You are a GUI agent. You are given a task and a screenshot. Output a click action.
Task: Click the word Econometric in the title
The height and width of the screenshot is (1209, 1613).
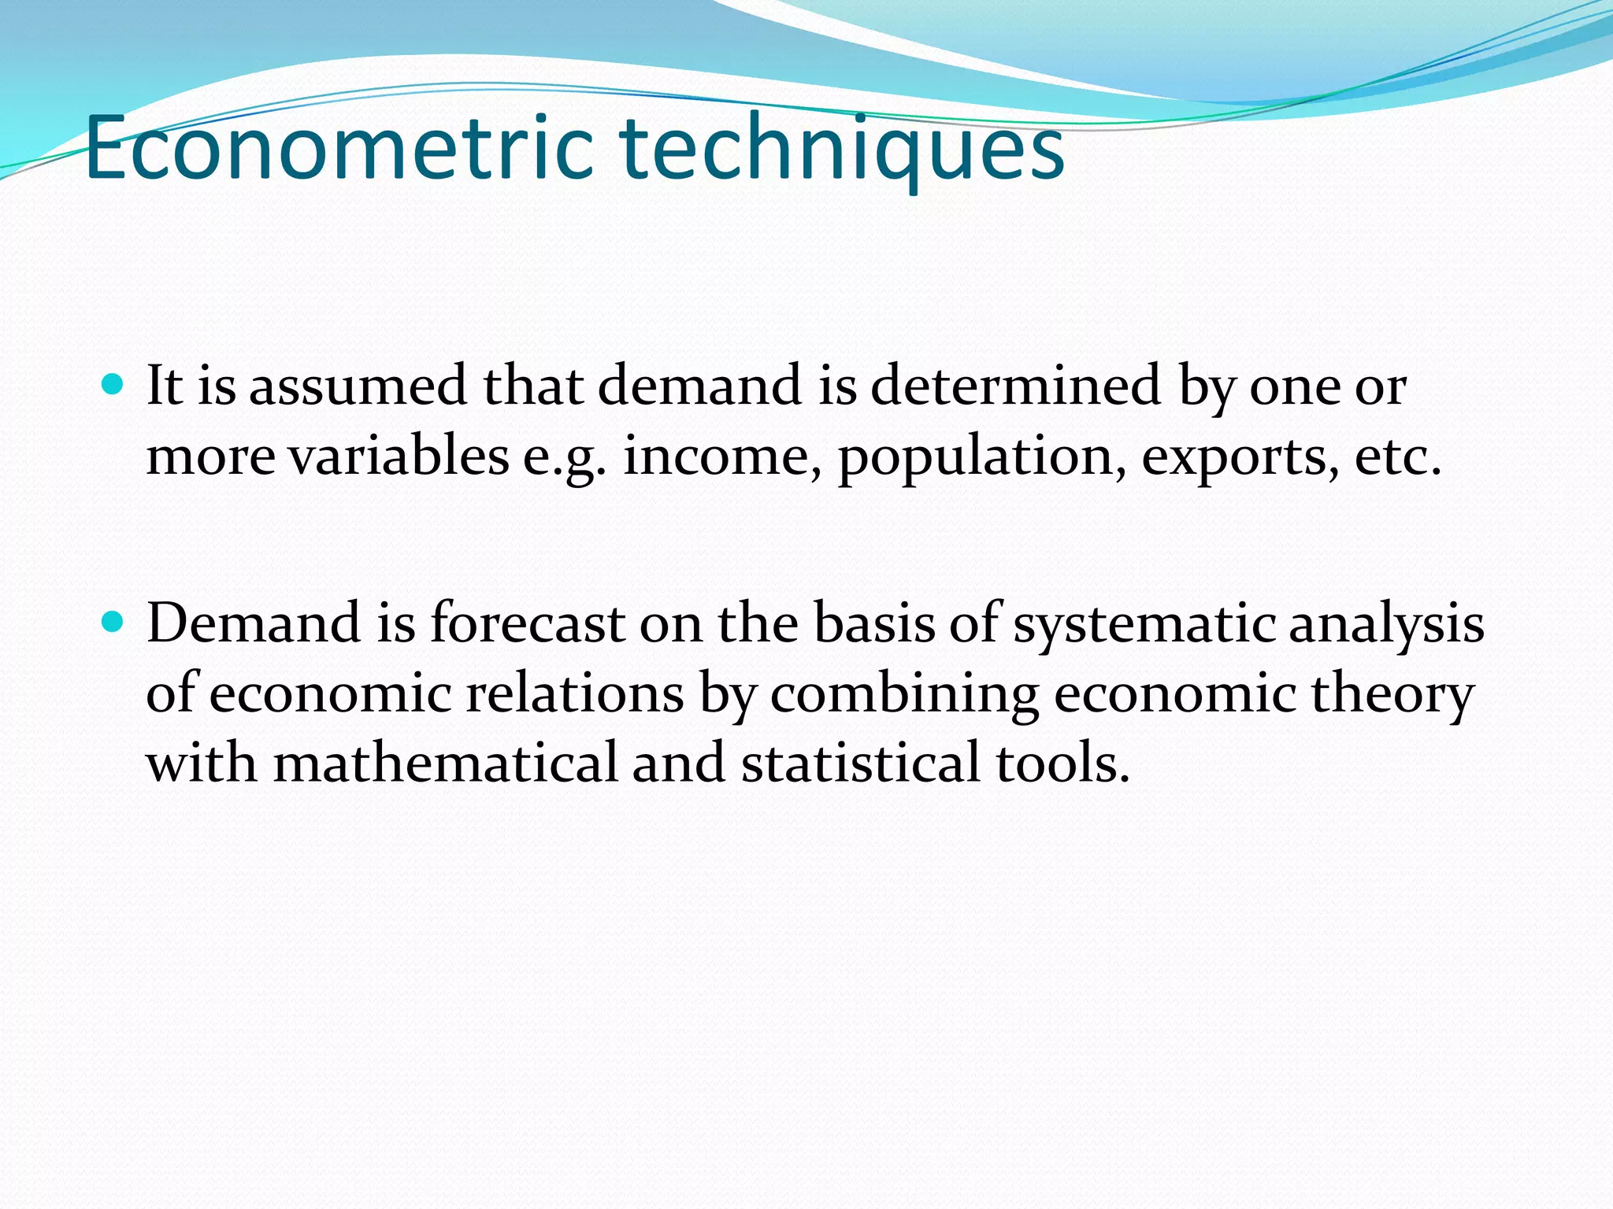tap(339, 148)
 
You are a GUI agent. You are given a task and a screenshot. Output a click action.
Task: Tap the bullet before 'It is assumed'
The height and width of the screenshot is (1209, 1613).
tap(113, 385)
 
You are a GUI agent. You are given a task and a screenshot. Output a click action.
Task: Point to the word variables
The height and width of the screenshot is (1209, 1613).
tap(398, 457)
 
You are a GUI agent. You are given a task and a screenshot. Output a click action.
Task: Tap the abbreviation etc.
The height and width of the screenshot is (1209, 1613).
tap(1397, 457)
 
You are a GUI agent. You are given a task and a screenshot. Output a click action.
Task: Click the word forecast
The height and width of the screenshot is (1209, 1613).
tap(527, 623)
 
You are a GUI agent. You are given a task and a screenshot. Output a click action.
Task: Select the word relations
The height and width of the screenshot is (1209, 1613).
tap(574, 694)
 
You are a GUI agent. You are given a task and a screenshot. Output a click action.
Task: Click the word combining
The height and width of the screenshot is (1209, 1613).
tap(903, 696)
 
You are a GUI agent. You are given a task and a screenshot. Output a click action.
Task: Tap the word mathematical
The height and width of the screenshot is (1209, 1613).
tap(445, 764)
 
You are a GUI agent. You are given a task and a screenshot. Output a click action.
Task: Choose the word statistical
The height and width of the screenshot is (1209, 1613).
tap(860, 764)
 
